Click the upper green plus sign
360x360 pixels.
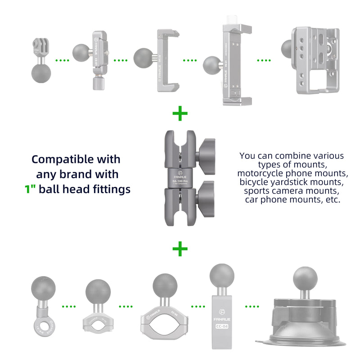180,114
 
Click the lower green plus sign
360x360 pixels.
180,248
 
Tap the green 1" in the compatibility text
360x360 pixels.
30,189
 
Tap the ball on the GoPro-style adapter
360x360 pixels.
41,72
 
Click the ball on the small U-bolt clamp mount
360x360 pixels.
98,291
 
